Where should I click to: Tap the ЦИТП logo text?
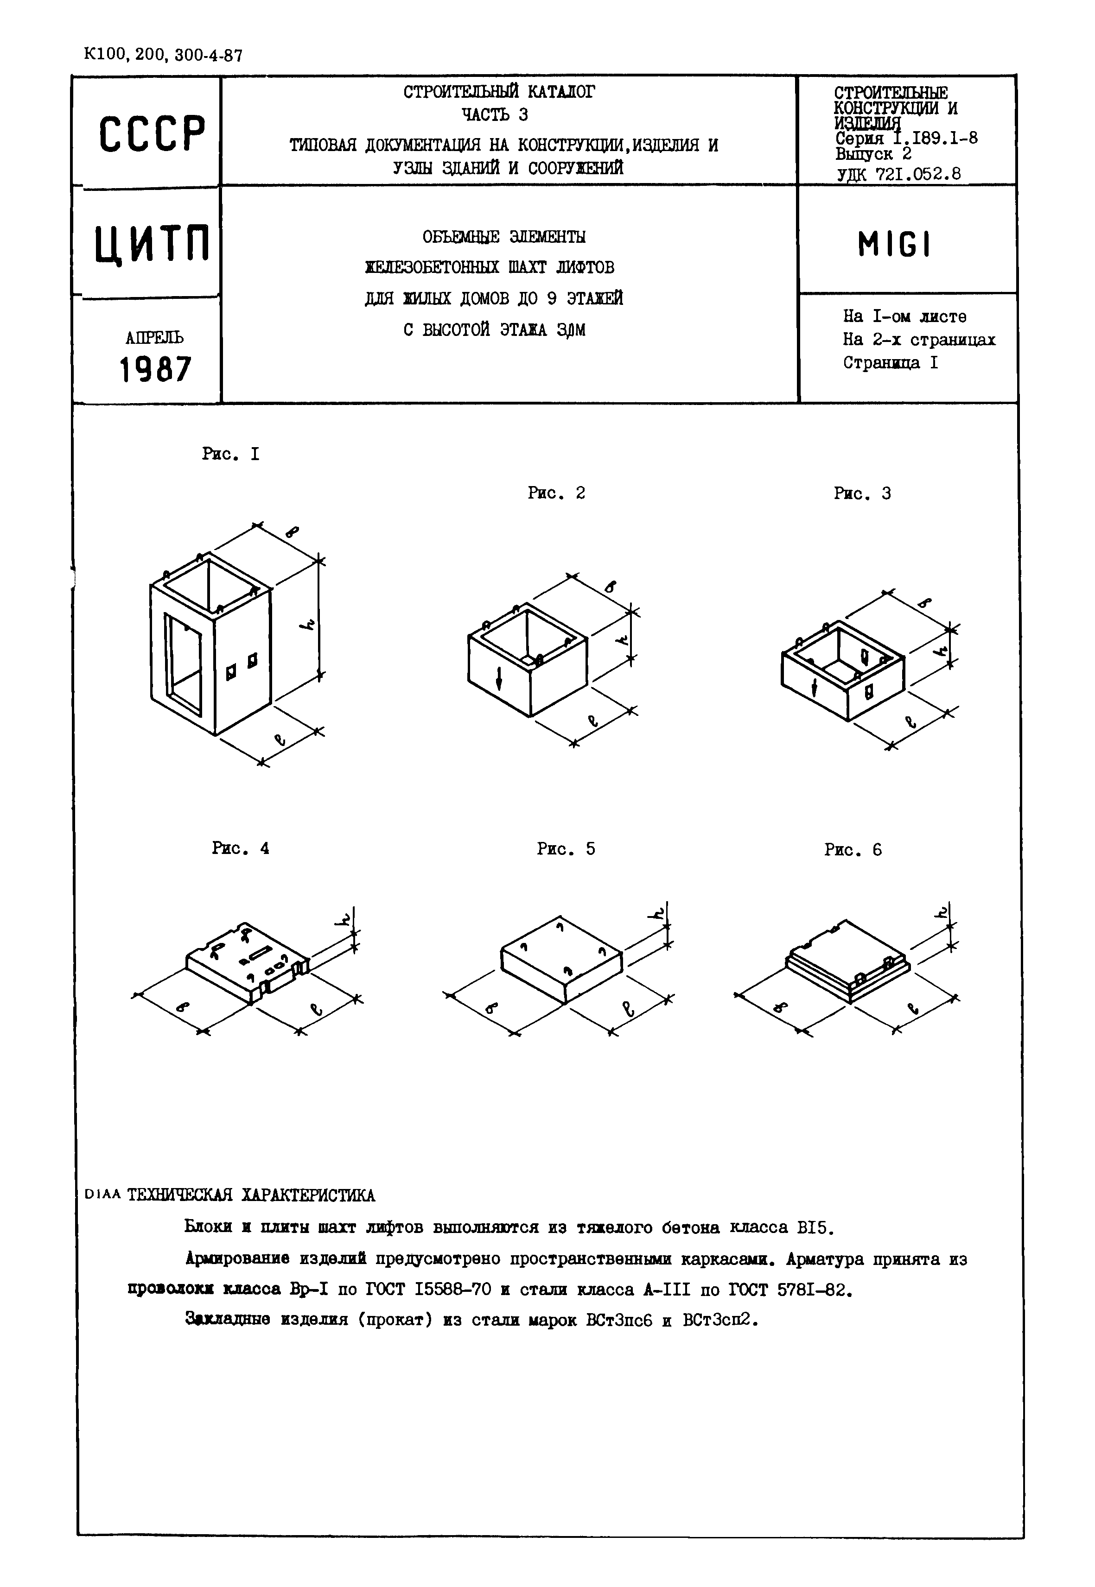click(x=152, y=245)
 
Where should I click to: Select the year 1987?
click(x=155, y=370)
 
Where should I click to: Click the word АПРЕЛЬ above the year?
click(x=154, y=337)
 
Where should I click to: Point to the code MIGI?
click(x=894, y=245)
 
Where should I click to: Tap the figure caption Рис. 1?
click(x=230, y=454)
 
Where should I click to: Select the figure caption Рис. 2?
click(x=556, y=493)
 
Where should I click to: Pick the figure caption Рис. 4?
click(x=240, y=848)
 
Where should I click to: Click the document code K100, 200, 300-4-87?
click(x=163, y=55)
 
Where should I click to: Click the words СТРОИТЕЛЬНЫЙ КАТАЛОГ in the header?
click(x=499, y=92)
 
